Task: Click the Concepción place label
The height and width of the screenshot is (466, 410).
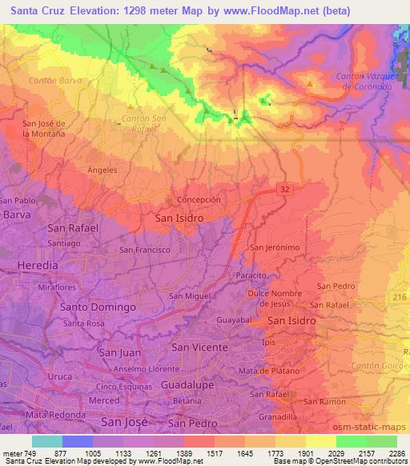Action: (197, 199)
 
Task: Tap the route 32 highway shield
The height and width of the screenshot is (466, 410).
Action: (284, 188)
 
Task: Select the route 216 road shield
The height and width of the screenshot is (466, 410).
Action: (400, 297)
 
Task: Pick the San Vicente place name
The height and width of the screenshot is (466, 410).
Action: (200, 347)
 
